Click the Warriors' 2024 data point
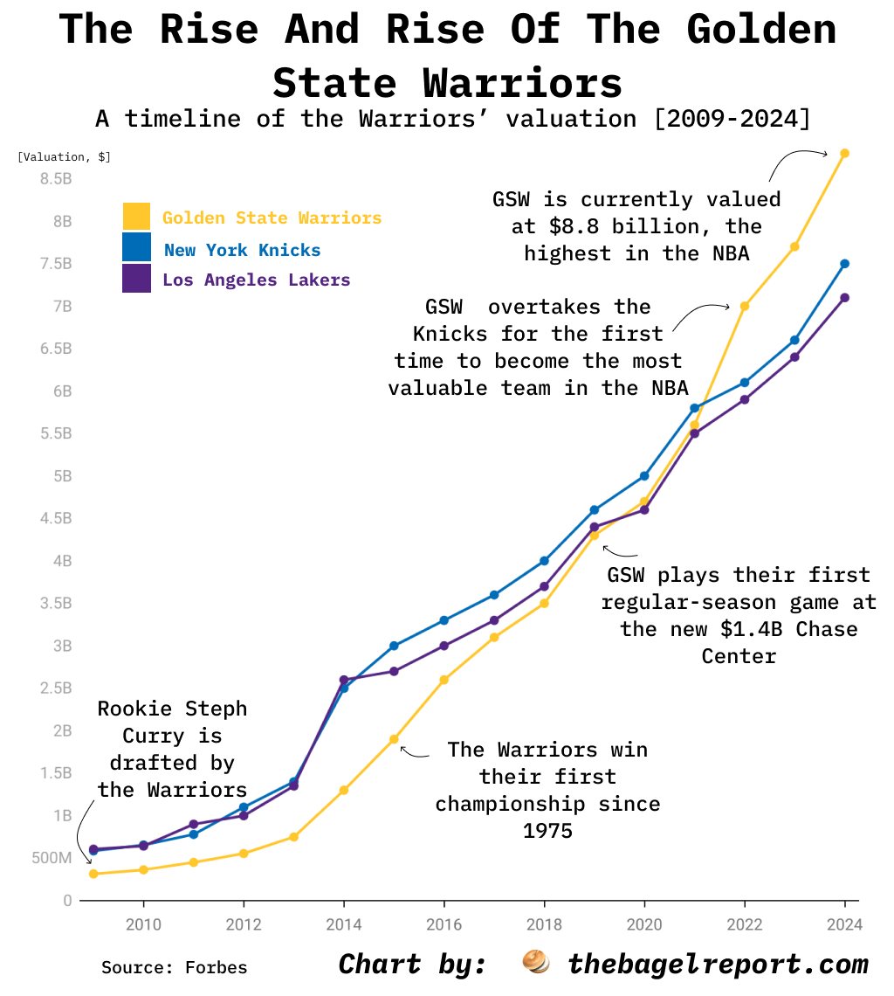[844, 153]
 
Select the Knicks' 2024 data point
[844, 264]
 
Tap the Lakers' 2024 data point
[844, 298]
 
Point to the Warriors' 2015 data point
[394, 739]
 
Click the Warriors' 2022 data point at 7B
[744, 306]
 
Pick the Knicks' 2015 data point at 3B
[394, 646]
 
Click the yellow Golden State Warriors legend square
[136, 217]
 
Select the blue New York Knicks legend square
[136, 248]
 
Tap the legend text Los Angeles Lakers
[256, 280]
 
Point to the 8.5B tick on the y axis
[55, 178]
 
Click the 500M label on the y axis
[51, 858]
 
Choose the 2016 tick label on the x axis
[444, 924]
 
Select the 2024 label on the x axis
[844, 924]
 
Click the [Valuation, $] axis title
[64, 157]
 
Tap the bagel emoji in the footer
[535, 963]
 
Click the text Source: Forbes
[174, 967]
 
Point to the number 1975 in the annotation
[547, 830]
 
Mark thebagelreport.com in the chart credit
[718, 964]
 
